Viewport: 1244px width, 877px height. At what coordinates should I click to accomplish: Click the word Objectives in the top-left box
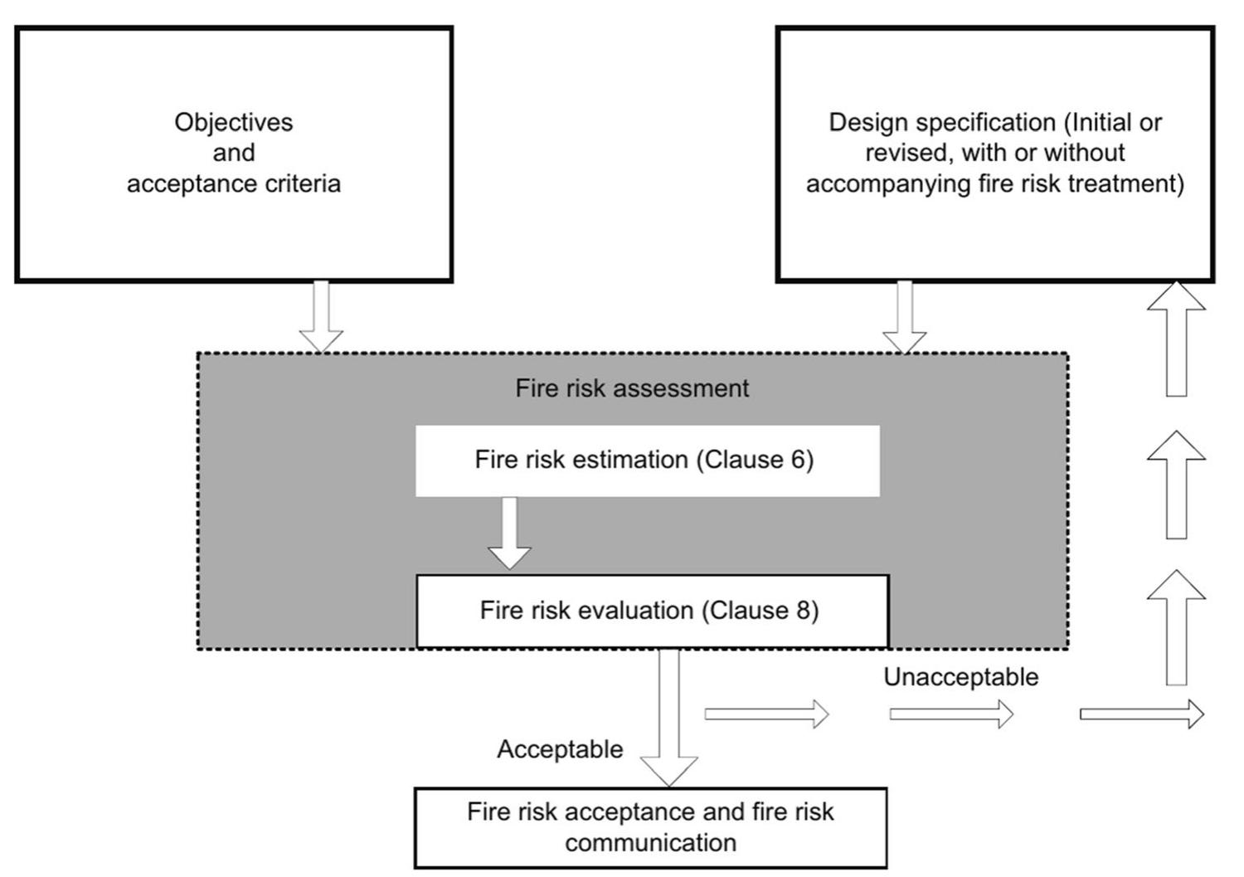[x=233, y=122]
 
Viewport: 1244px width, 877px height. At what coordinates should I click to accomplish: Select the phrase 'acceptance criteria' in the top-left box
[x=233, y=183]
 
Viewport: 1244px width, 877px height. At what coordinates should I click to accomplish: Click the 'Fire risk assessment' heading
[x=632, y=388]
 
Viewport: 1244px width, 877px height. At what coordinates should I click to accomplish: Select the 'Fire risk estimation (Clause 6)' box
[x=647, y=460]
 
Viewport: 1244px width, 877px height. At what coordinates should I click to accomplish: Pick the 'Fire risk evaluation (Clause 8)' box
[x=652, y=611]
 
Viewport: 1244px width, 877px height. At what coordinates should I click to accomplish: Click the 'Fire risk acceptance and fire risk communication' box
[x=650, y=827]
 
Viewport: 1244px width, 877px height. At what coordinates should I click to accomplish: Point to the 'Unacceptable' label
[x=960, y=677]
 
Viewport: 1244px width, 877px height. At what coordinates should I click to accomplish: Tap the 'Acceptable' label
[x=560, y=749]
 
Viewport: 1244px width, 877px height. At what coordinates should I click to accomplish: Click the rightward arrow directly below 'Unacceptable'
[x=951, y=714]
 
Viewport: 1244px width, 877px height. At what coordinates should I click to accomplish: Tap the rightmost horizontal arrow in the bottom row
[x=1142, y=714]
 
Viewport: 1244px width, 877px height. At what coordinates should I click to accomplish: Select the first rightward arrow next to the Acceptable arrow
[x=766, y=714]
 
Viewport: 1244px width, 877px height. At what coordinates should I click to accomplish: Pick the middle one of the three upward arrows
[x=1176, y=485]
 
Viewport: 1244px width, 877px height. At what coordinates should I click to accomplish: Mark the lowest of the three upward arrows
[x=1176, y=627]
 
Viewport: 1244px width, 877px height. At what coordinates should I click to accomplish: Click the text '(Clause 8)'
[x=760, y=611]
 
